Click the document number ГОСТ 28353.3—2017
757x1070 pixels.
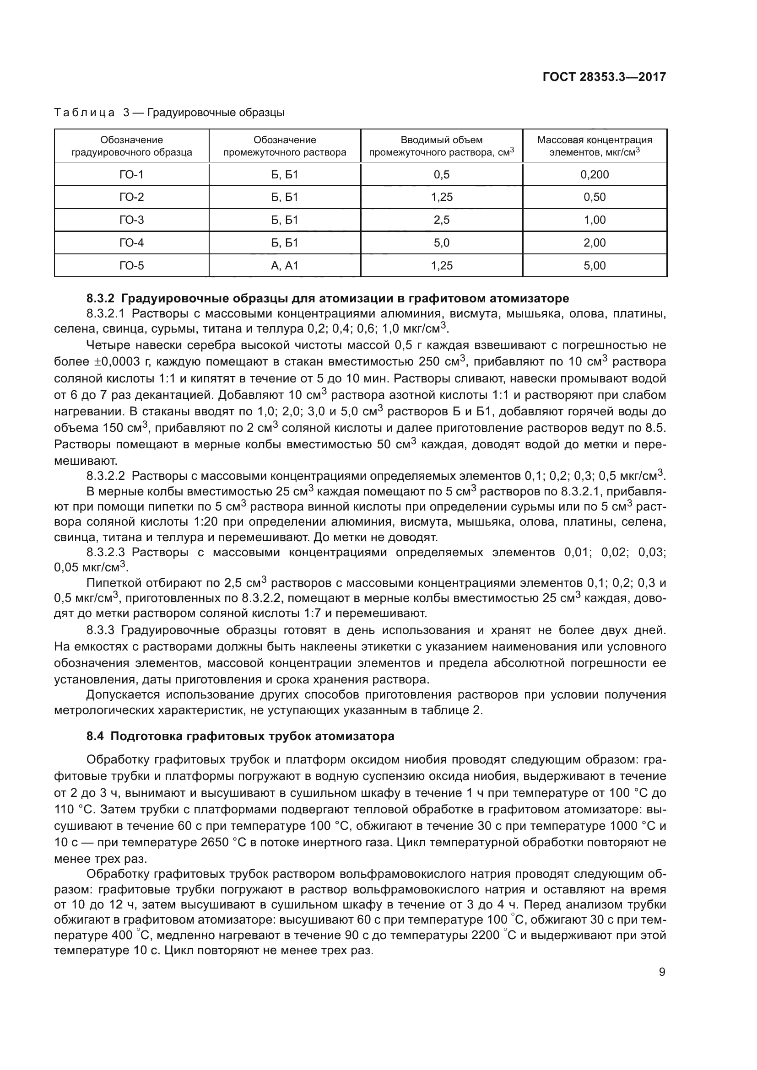coord(604,77)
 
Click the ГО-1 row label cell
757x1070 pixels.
coord(131,175)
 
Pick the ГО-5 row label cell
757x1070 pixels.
coord(131,266)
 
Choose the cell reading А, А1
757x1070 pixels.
coord(284,266)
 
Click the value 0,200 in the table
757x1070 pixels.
coord(595,175)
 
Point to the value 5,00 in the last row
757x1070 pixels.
coord(595,266)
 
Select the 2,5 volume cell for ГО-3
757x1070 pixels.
coord(441,220)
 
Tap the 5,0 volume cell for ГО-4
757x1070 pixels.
coord(441,243)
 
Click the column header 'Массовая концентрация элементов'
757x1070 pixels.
coord(595,146)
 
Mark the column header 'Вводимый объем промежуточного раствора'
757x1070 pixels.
coord(441,146)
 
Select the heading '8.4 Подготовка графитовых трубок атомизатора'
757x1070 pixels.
coord(240,737)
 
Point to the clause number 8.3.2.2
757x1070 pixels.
coord(106,476)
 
